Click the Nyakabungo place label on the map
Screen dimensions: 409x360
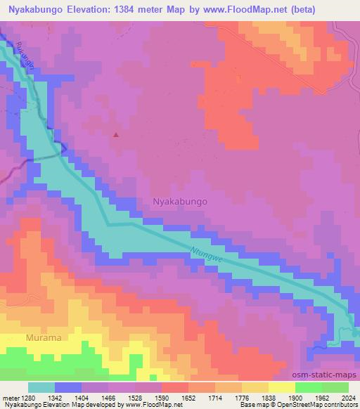pos(180,201)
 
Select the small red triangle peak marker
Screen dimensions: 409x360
pos(116,134)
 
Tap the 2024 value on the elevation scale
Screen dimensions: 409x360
pos(349,398)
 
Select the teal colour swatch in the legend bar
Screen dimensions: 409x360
pos(41,387)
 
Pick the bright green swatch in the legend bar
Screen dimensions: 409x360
pos(308,387)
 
